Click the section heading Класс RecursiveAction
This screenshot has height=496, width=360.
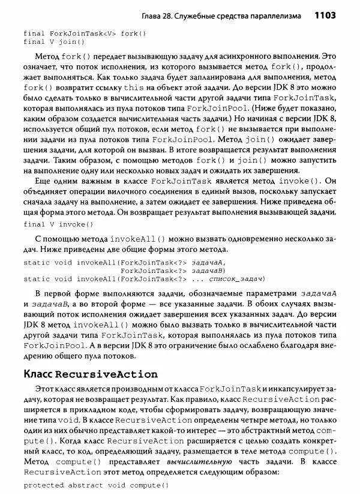tap(90, 374)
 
